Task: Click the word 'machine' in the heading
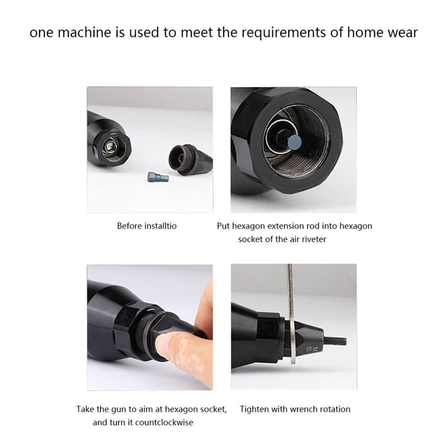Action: pos(87,33)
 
